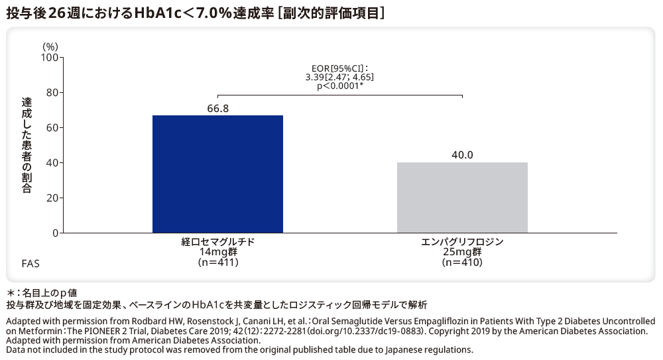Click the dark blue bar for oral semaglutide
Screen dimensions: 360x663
217,174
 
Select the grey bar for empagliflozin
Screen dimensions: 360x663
462,198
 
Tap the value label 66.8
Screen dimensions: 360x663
217,108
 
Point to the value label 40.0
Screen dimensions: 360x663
462,155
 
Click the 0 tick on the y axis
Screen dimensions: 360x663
54,233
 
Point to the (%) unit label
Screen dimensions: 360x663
50,46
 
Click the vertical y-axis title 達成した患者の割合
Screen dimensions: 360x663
27,145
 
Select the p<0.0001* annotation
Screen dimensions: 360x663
339,86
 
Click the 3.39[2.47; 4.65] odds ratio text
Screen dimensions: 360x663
339,78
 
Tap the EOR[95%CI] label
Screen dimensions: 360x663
339,68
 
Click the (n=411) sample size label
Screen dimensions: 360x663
217,263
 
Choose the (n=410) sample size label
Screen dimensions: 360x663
462,263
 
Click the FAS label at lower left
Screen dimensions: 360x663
30,263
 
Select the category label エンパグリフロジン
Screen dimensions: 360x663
462,242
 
